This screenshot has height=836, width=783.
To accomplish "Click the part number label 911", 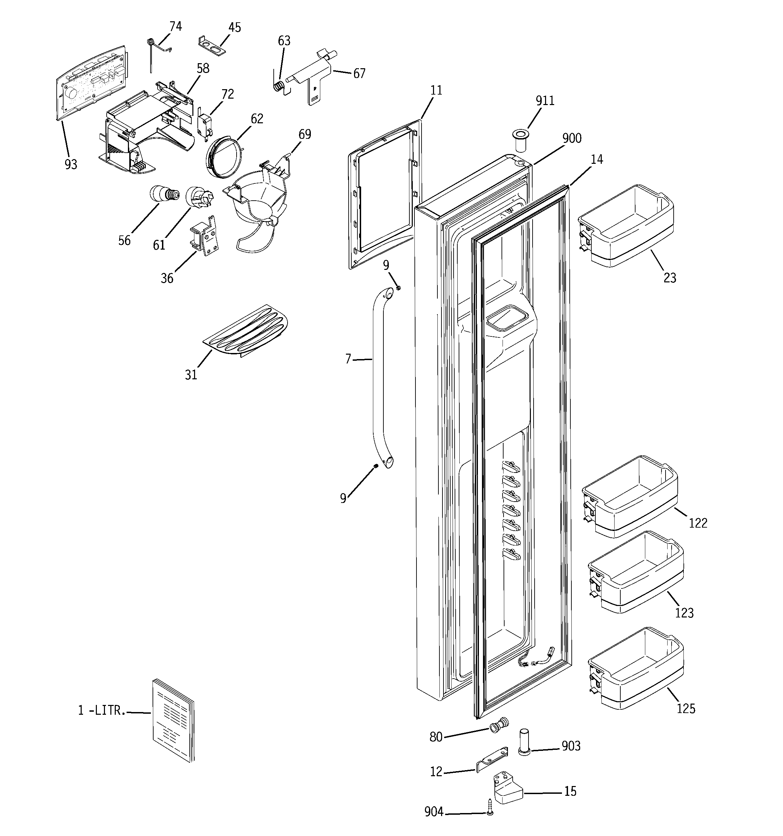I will coord(545,101).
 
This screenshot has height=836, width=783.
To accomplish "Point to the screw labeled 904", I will coord(490,812).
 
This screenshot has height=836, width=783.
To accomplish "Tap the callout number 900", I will coord(572,138).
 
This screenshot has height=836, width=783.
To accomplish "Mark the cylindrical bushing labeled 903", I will coord(524,747).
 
